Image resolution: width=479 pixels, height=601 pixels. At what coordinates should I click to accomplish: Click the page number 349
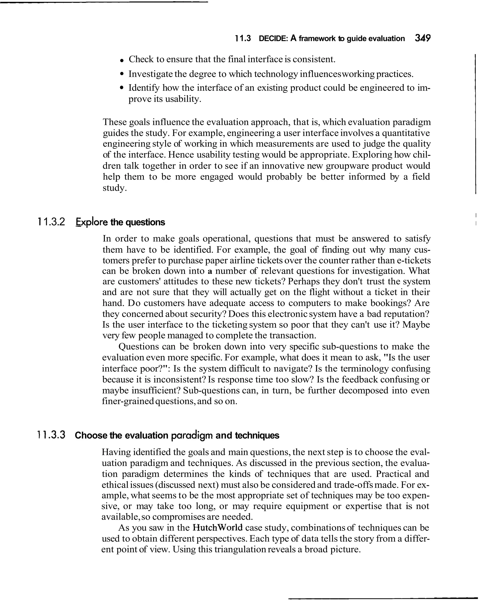pyautogui.click(x=422, y=38)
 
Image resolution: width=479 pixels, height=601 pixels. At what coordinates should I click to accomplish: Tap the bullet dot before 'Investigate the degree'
pyautogui.click(x=121, y=74)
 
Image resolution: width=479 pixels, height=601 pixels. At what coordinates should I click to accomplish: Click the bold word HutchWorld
pyautogui.click(x=218, y=528)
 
